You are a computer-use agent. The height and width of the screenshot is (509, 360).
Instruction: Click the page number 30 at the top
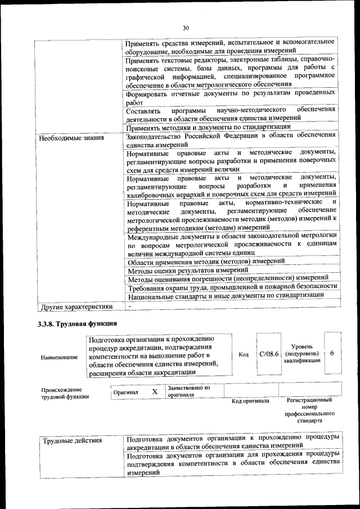pyautogui.click(x=186, y=28)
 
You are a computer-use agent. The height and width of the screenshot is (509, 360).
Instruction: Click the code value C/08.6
pyautogui.click(x=269, y=354)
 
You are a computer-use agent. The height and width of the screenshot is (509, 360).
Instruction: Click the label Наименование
pyautogui.click(x=60, y=358)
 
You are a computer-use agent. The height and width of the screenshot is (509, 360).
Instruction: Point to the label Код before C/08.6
pyautogui.click(x=244, y=354)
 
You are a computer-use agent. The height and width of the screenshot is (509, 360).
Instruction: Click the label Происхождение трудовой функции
pyautogui.click(x=62, y=393)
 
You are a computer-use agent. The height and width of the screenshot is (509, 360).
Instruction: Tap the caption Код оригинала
pyautogui.click(x=250, y=401)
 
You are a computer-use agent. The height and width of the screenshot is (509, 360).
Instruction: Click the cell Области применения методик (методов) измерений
pyautogui.click(x=205, y=262)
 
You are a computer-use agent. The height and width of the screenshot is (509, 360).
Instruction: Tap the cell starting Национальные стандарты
pyautogui.click(x=226, y=295)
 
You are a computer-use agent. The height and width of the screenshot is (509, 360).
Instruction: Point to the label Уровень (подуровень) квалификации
pyautogui.click(x=303, y=354)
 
